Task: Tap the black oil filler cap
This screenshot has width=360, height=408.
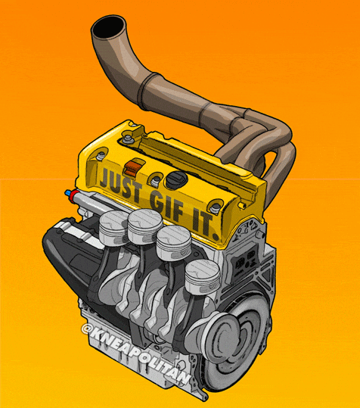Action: [x=176, y=182]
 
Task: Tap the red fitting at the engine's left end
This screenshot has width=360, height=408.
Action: [x=72, y=195]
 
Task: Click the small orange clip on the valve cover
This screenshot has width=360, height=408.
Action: [x=135, y=166]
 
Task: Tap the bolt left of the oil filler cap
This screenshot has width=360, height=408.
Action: [x=155, y=180]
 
